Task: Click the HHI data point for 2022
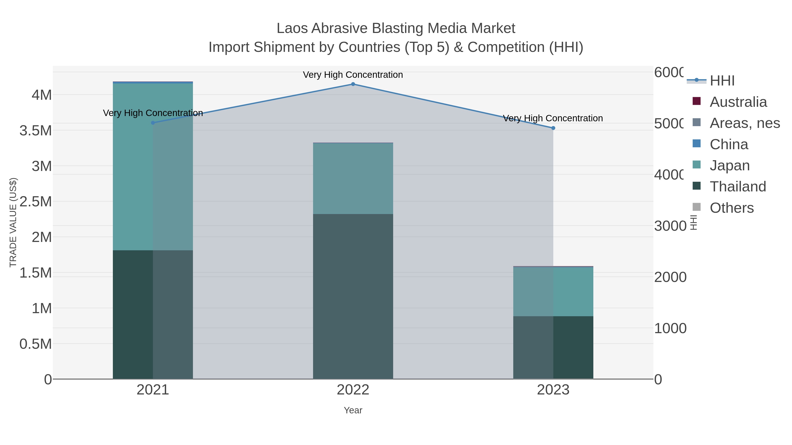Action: (x=353, y=84)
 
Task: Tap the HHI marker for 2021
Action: (x=153, y=123)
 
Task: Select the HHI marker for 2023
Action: (x=553, y=128)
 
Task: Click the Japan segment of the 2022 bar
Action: (x=353, y=178)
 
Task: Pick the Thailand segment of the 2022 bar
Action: (x=353, y=296)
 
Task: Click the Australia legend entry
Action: (x=738, y=102)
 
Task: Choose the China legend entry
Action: (x=728, y=144)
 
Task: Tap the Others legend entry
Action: (x=731, y=208)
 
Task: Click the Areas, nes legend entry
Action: (x=744, y=123)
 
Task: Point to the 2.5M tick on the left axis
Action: (x=36, y=202)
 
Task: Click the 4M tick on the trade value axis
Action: (x=42, y=95)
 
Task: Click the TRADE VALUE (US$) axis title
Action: (x=13, y=222)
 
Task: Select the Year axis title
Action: (x=353, y=410)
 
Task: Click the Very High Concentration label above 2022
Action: (x=353, y=75)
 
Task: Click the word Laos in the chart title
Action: (x=292, y=28)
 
